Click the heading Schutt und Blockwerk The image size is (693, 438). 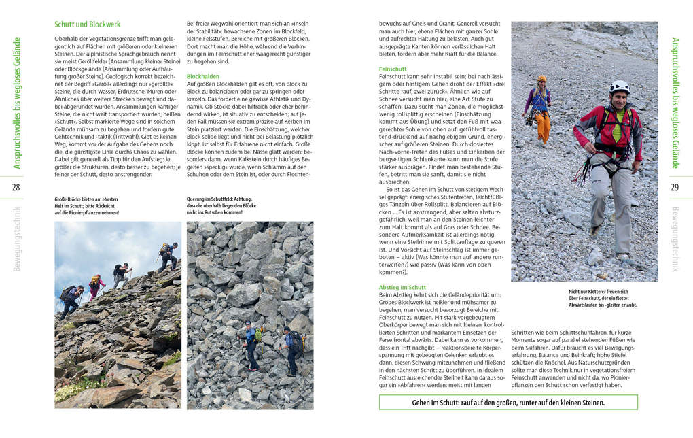(87, 24)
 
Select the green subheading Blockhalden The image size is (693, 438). (202, 77)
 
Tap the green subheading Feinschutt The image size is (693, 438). (393, 69)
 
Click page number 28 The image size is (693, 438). (16, 188)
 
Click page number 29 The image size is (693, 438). (675, 188)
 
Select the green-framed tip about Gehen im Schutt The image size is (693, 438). (508, 403)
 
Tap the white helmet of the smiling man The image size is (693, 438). (619, 86)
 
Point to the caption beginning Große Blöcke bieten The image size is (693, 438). (86, 206)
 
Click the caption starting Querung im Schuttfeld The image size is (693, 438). (221, 206)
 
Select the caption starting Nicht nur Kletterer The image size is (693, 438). (603, 298)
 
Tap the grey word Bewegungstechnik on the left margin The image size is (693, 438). (16, 238)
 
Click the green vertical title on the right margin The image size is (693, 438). (675, 102)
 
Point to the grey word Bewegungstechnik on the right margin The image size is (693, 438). (675, 238)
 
